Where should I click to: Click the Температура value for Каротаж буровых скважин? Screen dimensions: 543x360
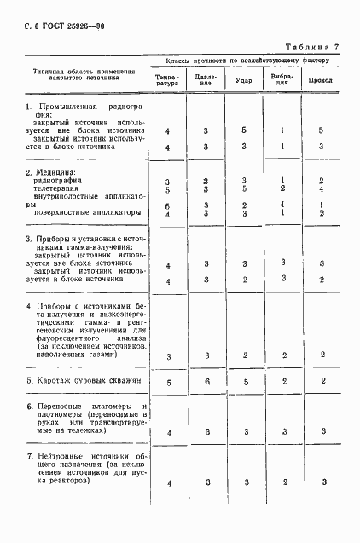pos(168,384)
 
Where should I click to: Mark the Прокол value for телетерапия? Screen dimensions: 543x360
pos(321,189)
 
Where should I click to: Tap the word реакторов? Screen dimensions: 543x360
pos(64,481)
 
